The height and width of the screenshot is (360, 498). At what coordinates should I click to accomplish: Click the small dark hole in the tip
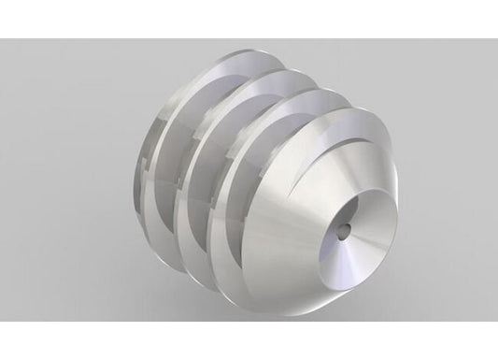tap(344, 227)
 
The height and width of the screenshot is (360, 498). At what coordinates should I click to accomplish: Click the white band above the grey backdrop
tap(249, 19)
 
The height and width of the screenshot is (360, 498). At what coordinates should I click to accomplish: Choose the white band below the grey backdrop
tap(249, 341)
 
